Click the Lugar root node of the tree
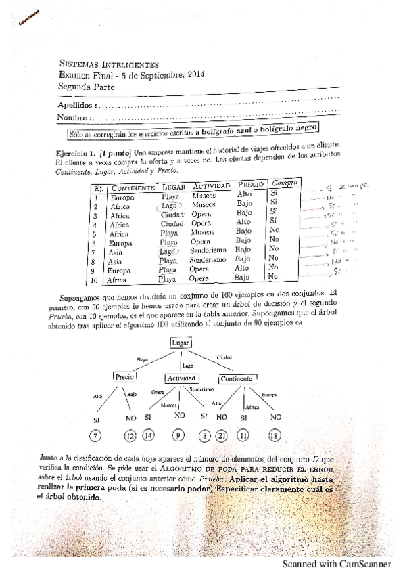pyautogui.click(x=181, y=344)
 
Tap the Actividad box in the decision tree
pyautogui.click(x=181, y=378)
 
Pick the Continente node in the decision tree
pyautogui.click(x=237, y=378)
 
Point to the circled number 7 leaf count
pyautogui.click(x=97, y=435)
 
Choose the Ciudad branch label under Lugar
pyautogui.click(x=224, y=357)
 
